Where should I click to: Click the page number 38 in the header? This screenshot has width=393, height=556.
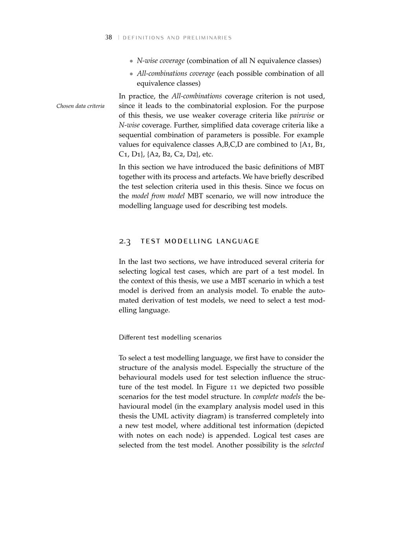108,38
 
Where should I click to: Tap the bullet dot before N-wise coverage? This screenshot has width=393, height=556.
132,61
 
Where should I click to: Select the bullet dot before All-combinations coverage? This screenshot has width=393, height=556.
132,74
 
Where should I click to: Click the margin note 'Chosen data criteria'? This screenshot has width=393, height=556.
81,106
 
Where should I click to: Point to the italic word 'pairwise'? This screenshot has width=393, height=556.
302,116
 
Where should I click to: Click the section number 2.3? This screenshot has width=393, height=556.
125,241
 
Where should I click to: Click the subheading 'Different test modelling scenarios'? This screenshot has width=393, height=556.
170,338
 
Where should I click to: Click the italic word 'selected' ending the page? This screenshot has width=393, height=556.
313,445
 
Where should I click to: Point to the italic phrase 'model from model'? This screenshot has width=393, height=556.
158,196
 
